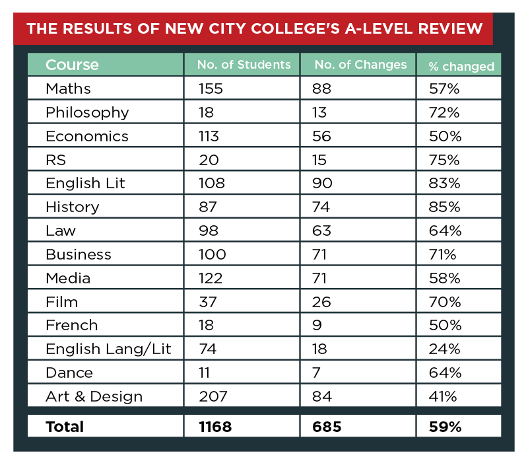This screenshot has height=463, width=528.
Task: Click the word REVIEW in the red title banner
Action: [x=451, y=28]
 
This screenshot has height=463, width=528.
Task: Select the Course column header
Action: [x=72, y=65]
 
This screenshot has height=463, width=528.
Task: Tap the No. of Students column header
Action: [x=244, y=64]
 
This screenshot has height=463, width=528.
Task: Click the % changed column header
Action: [x=461, y=67]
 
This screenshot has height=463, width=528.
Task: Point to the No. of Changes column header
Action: [x=360, y=64]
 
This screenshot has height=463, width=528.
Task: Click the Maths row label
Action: [x=69, y=89]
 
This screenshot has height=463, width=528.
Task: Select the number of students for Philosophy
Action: [x=206, y=112]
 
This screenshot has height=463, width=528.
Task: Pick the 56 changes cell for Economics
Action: [x=321, y=136]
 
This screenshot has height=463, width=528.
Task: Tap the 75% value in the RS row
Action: [x=444, y=160]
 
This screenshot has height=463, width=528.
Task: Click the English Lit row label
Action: [x=85, y=184]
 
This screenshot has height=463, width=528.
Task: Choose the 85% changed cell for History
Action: [x=444, y=207]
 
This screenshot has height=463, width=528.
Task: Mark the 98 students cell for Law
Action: [x=209, y=231]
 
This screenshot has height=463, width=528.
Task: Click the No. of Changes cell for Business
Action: [x=319, y=254]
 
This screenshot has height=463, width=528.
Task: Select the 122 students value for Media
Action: [x=211, y=278]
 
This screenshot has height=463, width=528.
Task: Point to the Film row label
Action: [x=62, y=302]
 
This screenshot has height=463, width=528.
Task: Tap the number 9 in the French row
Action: [x=317, y=325]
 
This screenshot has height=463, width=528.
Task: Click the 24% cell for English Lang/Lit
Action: [x=444, y=349]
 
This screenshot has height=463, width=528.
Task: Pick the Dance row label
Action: [x=69, y=373]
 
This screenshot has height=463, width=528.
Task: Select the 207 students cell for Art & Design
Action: [x=213, y=396]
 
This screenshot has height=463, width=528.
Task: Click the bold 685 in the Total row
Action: [x=327, y=427]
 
